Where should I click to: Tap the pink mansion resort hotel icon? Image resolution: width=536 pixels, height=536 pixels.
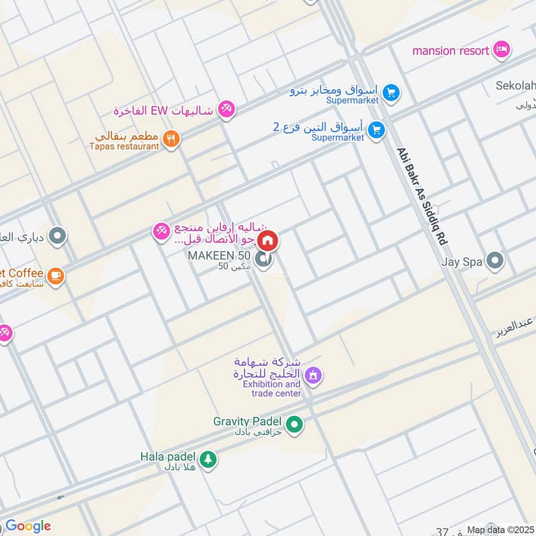pos(501,50)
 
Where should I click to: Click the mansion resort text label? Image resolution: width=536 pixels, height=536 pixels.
pos(451,50)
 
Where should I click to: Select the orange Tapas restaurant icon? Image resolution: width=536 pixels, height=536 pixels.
pos(172,139)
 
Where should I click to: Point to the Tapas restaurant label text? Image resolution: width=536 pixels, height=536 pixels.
pos(125,146)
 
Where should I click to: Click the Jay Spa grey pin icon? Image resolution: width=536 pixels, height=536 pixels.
pos(495,260)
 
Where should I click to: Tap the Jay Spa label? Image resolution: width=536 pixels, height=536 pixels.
pos(461,262)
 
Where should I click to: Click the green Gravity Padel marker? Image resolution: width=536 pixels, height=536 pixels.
pos(293,423)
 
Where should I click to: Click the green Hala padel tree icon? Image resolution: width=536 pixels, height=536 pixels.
pos(208,459)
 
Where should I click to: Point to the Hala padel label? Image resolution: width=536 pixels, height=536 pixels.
pos(167,456)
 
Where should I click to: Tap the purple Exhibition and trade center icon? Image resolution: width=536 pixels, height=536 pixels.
pos(312,377)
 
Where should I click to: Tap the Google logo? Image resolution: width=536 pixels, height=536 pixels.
pos(27,526)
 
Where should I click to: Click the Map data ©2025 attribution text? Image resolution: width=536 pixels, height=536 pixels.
pos(500,530)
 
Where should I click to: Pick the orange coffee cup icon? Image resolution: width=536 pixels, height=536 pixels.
pos(55,274)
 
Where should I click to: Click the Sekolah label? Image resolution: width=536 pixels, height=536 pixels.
pos(516,86)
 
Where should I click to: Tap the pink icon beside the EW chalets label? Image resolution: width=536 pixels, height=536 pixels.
pos(227,109)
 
